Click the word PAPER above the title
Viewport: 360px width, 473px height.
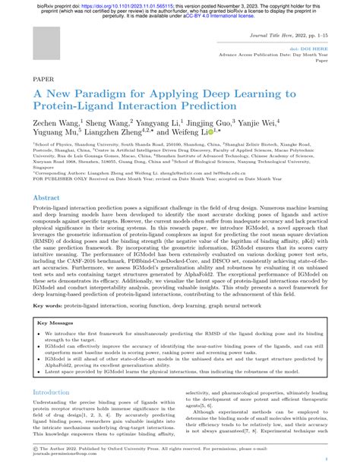(43, 78)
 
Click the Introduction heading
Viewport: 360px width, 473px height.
(55, 371)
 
